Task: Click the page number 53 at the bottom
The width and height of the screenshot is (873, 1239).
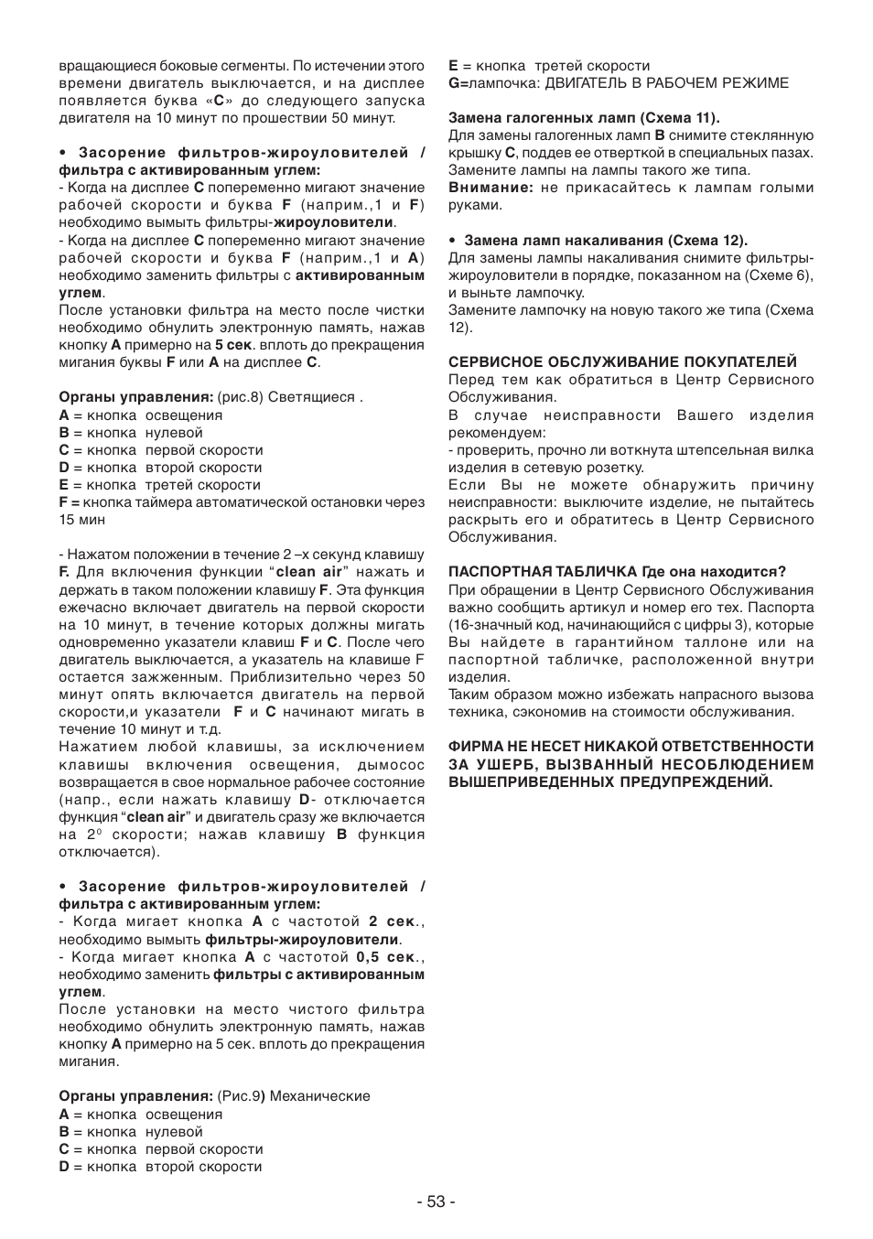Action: (436, 1201)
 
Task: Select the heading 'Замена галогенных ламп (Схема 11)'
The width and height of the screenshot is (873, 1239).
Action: (584, 118)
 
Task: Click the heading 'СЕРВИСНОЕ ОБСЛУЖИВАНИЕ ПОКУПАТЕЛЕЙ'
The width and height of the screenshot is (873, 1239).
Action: (622, 362)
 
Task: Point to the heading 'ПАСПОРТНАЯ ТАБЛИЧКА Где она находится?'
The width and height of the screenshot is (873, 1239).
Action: (617, 573)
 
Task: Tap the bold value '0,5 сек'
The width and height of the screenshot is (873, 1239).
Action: (385, 957)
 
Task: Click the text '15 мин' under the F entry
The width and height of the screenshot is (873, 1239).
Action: (82, 520)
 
